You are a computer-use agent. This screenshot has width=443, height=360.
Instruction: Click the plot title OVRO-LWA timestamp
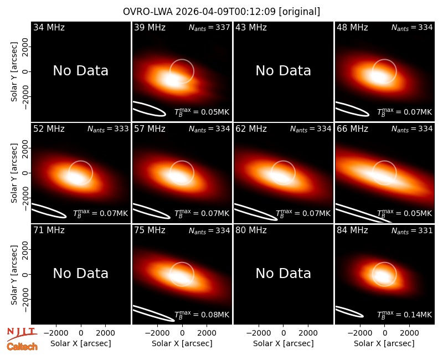221,12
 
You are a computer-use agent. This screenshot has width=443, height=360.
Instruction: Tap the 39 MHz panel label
150,27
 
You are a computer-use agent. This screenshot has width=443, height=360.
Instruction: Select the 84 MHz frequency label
352,230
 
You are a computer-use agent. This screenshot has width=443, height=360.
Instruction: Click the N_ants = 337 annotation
209,27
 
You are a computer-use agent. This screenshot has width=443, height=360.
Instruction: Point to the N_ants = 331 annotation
412,231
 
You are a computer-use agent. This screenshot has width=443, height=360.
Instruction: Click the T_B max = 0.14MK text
405,315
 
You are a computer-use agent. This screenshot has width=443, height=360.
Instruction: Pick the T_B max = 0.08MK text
202,315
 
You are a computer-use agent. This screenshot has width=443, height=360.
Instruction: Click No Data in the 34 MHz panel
81,71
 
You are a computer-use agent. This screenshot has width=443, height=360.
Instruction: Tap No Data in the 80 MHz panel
284,274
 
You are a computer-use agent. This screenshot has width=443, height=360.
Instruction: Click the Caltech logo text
22,347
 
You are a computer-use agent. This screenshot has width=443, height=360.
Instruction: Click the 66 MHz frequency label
352,129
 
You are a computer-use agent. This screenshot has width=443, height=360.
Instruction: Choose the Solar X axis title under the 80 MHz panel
284,343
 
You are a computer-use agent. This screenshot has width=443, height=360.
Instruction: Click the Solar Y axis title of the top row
14,72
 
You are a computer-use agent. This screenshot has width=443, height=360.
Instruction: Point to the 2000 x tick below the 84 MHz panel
410,333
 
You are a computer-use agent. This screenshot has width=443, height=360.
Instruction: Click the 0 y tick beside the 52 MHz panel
25,173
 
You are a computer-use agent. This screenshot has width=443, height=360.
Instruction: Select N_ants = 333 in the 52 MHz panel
108,129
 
